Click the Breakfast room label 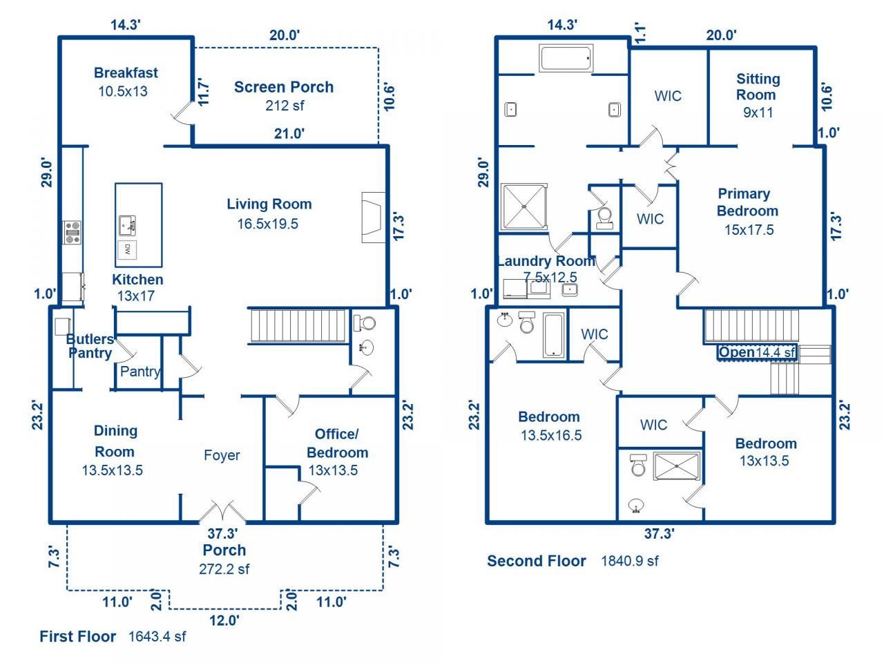click(126, 73)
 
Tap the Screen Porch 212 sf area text click(285, 106)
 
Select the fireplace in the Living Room click(374, 218)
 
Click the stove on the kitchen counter click(73, 232)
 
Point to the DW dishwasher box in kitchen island click(127, 250)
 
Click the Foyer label click(222, 455)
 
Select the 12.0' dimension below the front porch click(224, 620)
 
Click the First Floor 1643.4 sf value click(157, 637)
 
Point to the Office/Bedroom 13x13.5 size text click(333, 470)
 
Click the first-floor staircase click(298, 326)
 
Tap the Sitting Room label click(758, 86)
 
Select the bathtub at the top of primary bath click(566, 59)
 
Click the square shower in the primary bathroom click(524, 207)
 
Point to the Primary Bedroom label click(747, 202)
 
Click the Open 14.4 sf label click(757, 352)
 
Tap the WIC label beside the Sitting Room click(668, 96)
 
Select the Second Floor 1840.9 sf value click(630, 561)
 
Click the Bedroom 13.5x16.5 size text click(551, 435)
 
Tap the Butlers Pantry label click(90, 346)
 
